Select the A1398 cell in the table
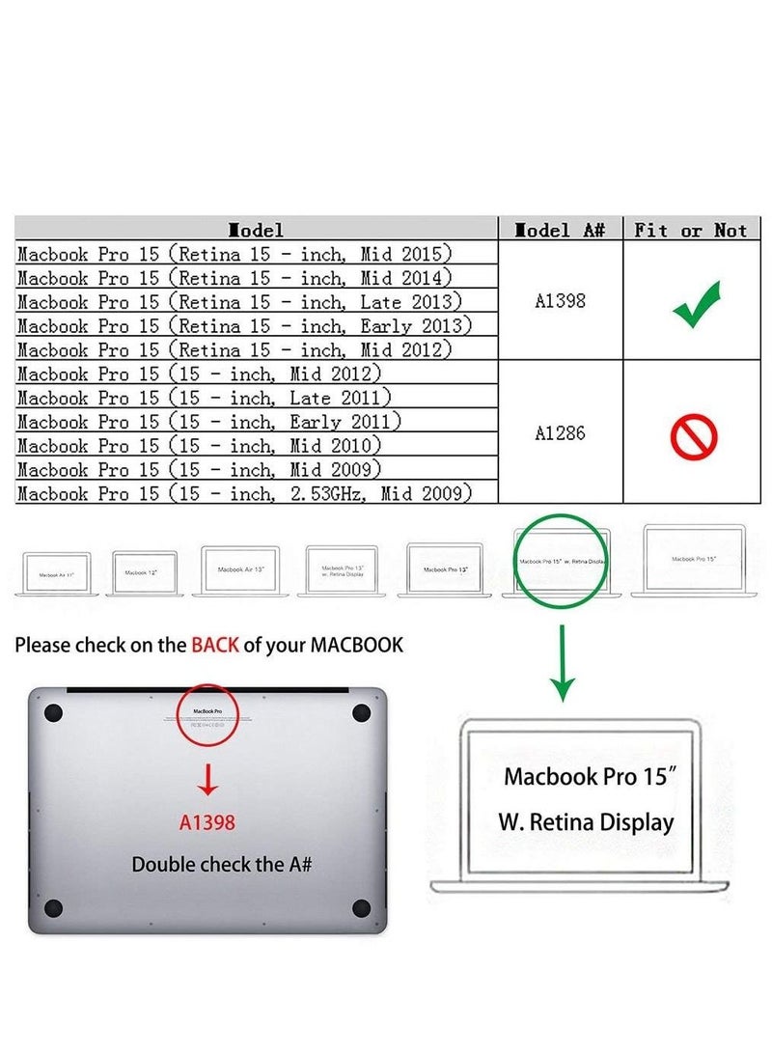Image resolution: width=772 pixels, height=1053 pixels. pyautogui.click(x=560, y=300)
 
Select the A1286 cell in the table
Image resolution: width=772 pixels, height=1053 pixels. pyautogui.click(x=560, y=433)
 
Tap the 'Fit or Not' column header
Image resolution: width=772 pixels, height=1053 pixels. pyautogui.click(x=691, y=230)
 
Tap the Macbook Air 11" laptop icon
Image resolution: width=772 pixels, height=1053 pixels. pyautogui.click(x=57, y=573)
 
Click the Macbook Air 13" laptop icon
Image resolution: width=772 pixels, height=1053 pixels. pyautogui.click(x=240, y=569)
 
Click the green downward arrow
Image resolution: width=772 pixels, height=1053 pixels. pyautogui.click(x=563, y=666)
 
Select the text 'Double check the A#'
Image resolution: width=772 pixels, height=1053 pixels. pyautogui.click(x=221, y=864)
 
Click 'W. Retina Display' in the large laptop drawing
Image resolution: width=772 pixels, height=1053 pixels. pyautogui.click(x=586, y=822)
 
